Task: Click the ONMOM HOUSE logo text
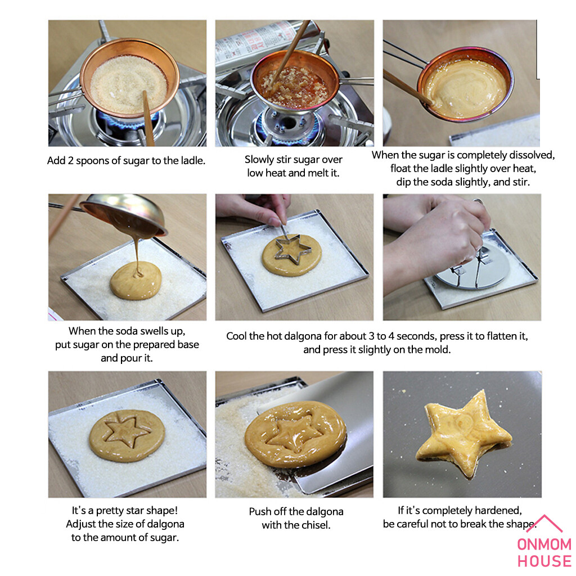tap(544, 553)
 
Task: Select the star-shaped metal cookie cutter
tap(292, 248)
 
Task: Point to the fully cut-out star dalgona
tap(464, 434)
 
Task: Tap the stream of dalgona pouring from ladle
tap(137, 255)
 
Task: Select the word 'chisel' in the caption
tap(314, 525)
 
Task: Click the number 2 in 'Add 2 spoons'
tap(70, 161)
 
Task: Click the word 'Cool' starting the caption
tap(236, 336)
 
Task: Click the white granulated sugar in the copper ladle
tap(129, 84)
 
